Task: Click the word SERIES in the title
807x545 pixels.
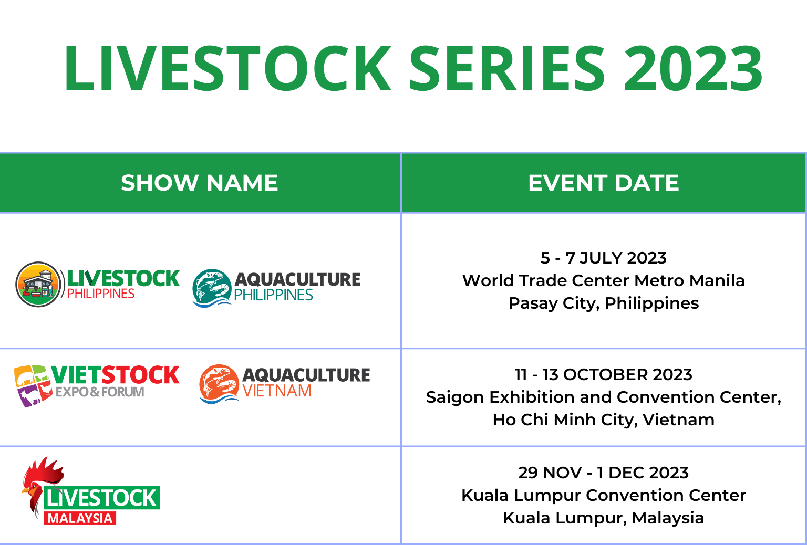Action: click(507, 68)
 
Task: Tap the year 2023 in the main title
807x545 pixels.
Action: click(693, 68)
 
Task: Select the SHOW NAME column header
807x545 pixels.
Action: click(199, 183)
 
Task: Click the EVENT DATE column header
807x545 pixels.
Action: click(604, 183)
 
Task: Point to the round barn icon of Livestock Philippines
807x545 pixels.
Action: click(38, 285)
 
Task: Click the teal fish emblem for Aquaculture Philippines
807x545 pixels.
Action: click(212, 288)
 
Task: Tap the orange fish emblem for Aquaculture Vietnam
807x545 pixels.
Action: click(219, 384)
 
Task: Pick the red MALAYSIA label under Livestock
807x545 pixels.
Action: click(80, 518)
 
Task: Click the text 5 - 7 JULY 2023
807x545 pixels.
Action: click(604, 258)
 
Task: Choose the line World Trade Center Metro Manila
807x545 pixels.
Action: click(604, 280)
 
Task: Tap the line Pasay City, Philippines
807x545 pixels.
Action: click(604, 303)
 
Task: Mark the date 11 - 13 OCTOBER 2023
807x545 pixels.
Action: click(604, 375)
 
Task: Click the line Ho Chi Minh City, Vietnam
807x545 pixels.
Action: click(604, 420)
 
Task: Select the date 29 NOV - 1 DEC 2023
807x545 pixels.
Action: click(604, 473)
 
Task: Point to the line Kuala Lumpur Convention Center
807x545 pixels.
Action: click(604, 495)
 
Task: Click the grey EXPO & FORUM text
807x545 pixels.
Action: click(100, 392)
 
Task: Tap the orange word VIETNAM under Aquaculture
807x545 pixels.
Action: click(277, 391)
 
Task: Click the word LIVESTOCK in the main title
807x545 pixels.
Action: click(227, 68)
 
